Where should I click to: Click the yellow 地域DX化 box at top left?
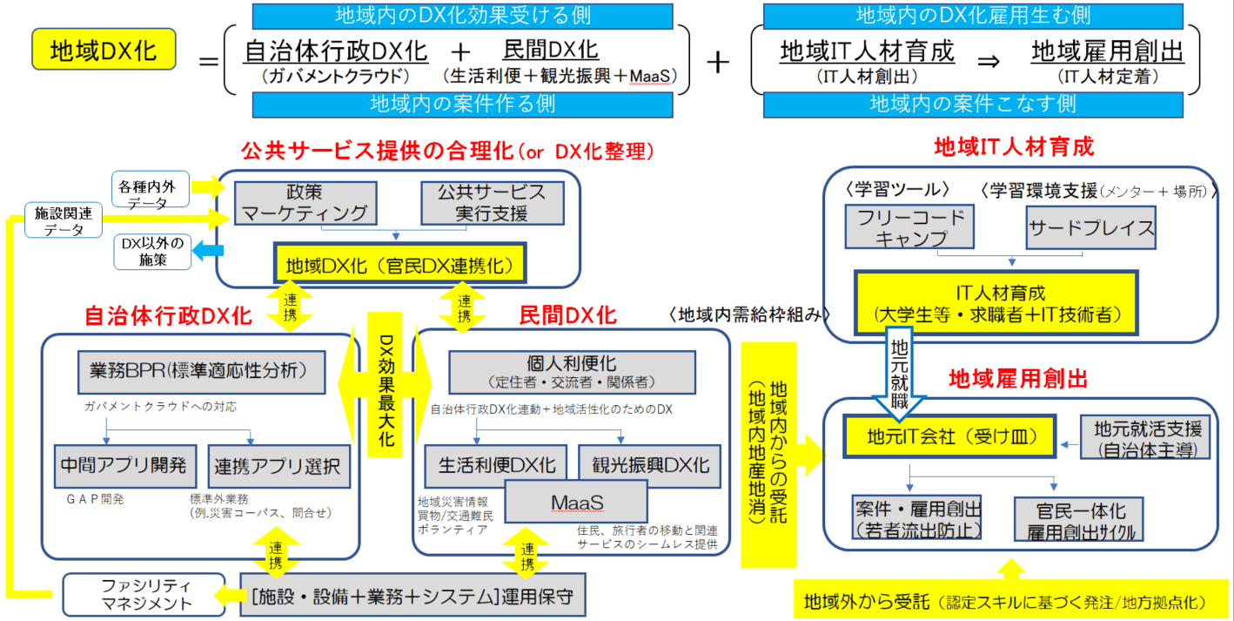(104, 51)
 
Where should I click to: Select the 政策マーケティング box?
(305, 202)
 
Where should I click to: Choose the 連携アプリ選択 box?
(280, 465)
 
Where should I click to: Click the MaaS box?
(577, 503)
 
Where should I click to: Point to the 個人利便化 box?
(572, 372)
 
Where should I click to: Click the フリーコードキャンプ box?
(909, 228)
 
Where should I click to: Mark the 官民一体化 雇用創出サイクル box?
(1080, 520)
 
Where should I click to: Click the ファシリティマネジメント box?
(129, 594)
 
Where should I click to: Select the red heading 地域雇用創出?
(1017, 379)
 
